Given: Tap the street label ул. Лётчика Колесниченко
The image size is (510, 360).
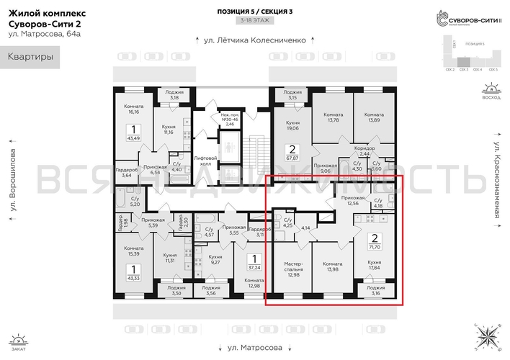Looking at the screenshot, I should tap(255, 41).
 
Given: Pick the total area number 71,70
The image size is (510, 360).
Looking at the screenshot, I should tap(375, 245).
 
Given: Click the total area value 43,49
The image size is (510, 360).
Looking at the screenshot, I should tap(132, 138).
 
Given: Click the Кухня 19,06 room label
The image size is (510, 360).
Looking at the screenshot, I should tap(292, 127).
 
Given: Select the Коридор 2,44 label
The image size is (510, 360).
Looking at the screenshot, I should tap(364, 152).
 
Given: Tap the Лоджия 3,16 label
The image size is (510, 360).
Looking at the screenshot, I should tap(375, 291).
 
